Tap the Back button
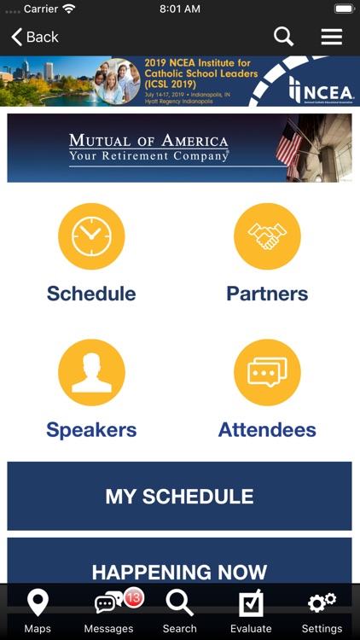35,37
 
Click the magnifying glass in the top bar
283,37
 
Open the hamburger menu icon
331,37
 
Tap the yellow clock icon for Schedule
91,236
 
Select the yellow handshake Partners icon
267,236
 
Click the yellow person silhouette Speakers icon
91,372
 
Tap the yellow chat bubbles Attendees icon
267,372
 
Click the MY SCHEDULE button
179,496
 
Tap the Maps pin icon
38,604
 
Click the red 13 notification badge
133,598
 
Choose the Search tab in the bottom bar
179,611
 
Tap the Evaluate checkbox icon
251,604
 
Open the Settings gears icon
322,604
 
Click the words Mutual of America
148,141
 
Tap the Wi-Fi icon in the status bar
68,9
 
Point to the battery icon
343,9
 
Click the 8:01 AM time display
180,9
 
